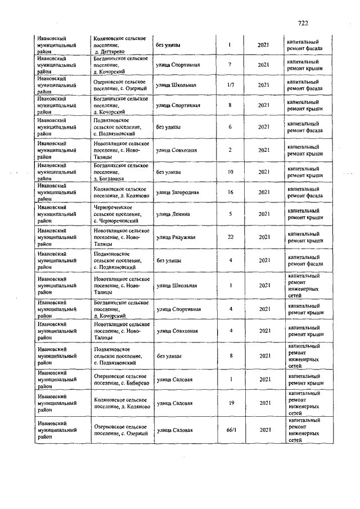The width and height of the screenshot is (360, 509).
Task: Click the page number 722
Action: [x=303, y=23]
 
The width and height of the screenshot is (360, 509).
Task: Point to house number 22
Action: [x=231, y=237]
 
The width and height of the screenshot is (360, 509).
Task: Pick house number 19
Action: [x=231, y=403]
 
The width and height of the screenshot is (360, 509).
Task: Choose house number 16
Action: [x=231, y=193]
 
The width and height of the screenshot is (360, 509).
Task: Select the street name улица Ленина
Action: [x=173, y=214]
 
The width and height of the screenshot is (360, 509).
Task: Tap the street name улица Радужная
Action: [x=176, y=237]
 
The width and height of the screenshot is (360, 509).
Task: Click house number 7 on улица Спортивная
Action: [x=230, y=65]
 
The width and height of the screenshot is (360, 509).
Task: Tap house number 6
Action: [x=230, y=127]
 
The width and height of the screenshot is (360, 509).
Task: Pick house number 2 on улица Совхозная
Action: [x=231, y=150]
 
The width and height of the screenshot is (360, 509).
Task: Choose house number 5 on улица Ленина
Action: [x=231, y=214]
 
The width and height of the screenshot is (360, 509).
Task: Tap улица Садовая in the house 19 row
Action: [x=175, y=403]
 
